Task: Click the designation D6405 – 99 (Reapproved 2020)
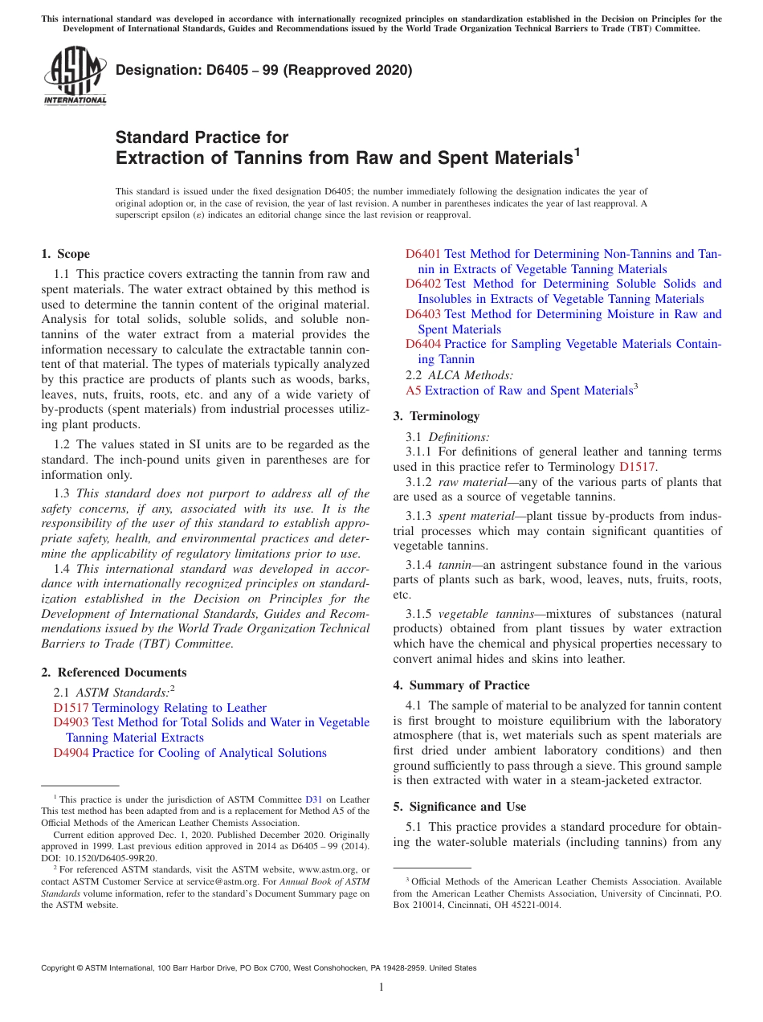click(263, 70)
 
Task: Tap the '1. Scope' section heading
click(65, 254)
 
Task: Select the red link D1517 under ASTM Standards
click(71, 708)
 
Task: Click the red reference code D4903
click(71, 722)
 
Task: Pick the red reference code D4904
click(71, 753)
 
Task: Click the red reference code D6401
click(422, 254)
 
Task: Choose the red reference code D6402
click(422, 284)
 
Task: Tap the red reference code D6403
click(422, 314)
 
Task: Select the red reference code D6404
click(422, 344)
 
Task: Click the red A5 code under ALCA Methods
click(413, 390)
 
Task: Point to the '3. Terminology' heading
click(436, 416)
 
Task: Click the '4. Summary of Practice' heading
click(461, 685)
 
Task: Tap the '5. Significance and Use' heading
click(459, 807)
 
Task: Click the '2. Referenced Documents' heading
click(113, 672)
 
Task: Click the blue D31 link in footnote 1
click(314, 799)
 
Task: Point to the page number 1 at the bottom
click(381, 987)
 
